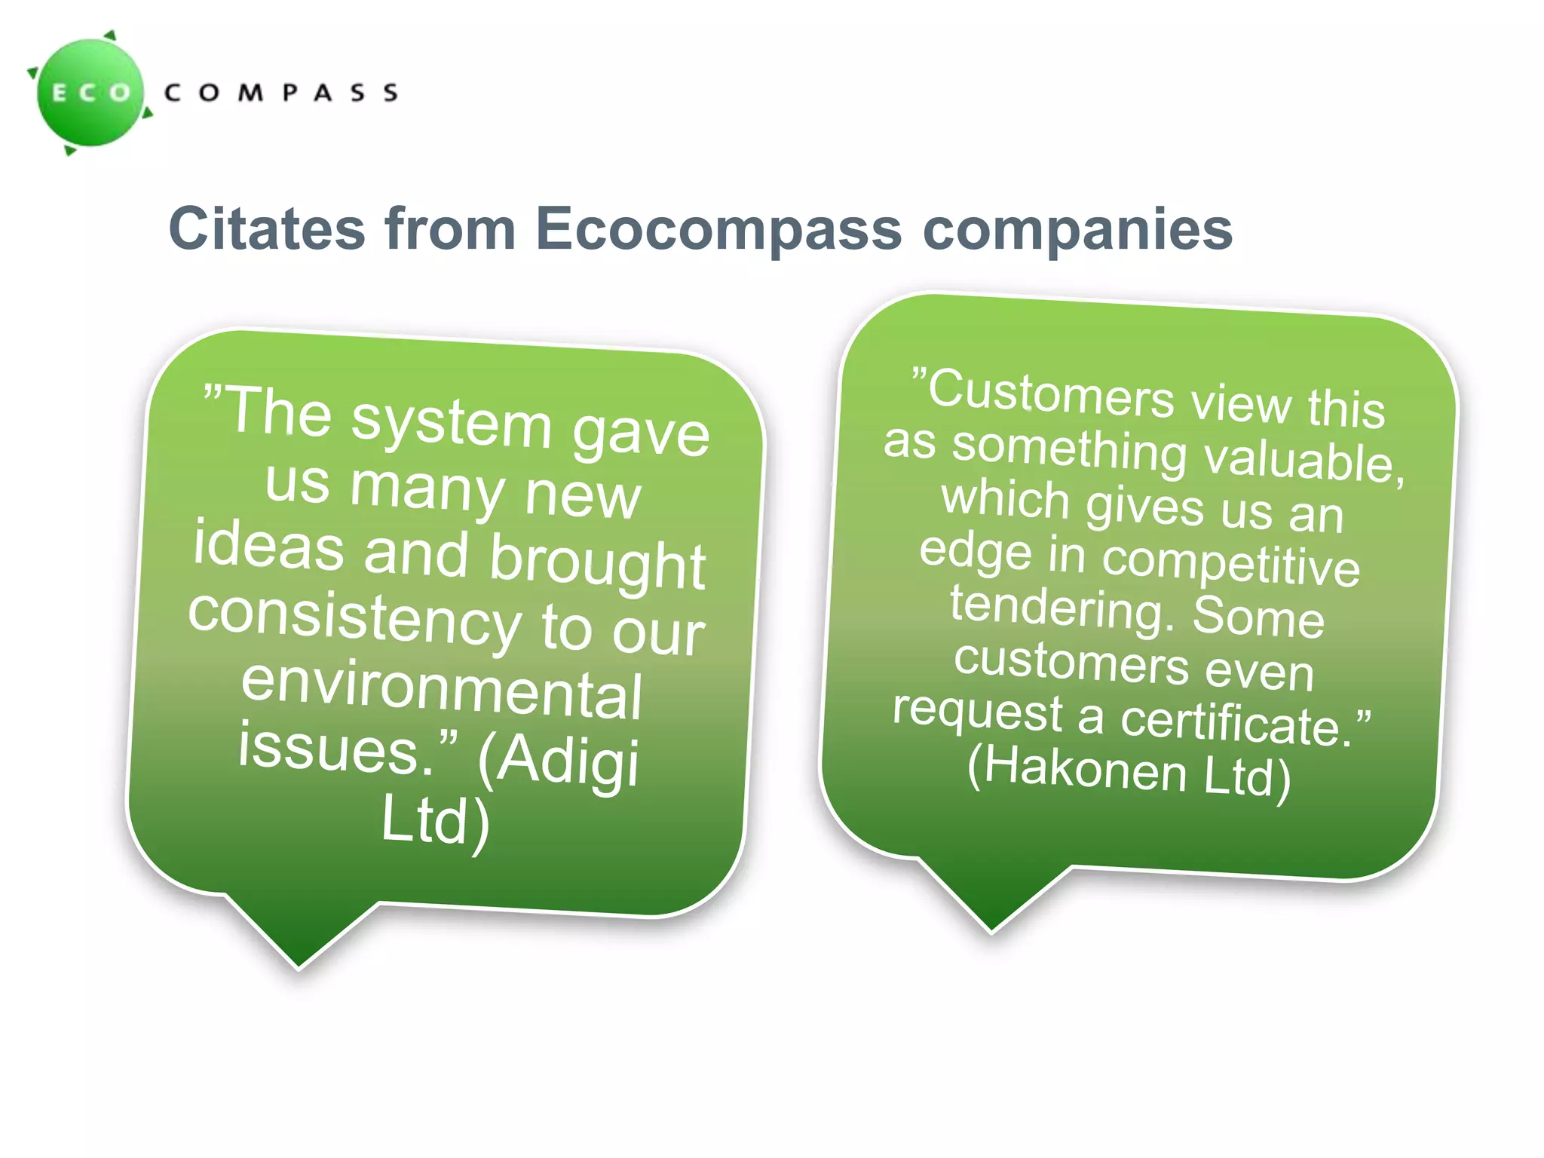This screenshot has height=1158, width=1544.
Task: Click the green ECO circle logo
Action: pos(91,93)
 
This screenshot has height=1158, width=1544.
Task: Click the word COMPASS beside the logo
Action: pos(280,93)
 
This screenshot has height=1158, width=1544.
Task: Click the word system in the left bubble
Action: pos(452,423)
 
